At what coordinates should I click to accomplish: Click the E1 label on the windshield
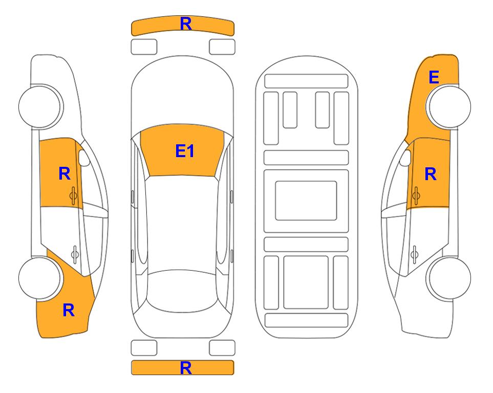point(185,151)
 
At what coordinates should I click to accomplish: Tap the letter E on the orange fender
point(434,77)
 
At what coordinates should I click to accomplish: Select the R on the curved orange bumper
point(186,24)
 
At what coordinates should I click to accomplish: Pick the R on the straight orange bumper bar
point(186,368)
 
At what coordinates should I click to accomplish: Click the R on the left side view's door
point(65,173)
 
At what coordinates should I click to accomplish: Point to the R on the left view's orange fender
point(69,310)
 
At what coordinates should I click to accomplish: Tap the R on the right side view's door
point(431,174)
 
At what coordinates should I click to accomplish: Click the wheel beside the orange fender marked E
point(448,107)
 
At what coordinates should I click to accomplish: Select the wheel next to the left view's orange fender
point(40,278)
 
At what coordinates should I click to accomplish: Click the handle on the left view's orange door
point(74,195)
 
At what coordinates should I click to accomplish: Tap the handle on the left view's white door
point(75,254)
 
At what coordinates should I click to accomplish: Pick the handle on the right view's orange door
point(416,195)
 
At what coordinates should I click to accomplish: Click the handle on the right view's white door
point(414,254)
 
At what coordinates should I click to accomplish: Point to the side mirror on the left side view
point(84,158)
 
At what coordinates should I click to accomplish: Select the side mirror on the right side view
point(405,158)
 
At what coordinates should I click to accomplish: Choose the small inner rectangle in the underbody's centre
point(306,201)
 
